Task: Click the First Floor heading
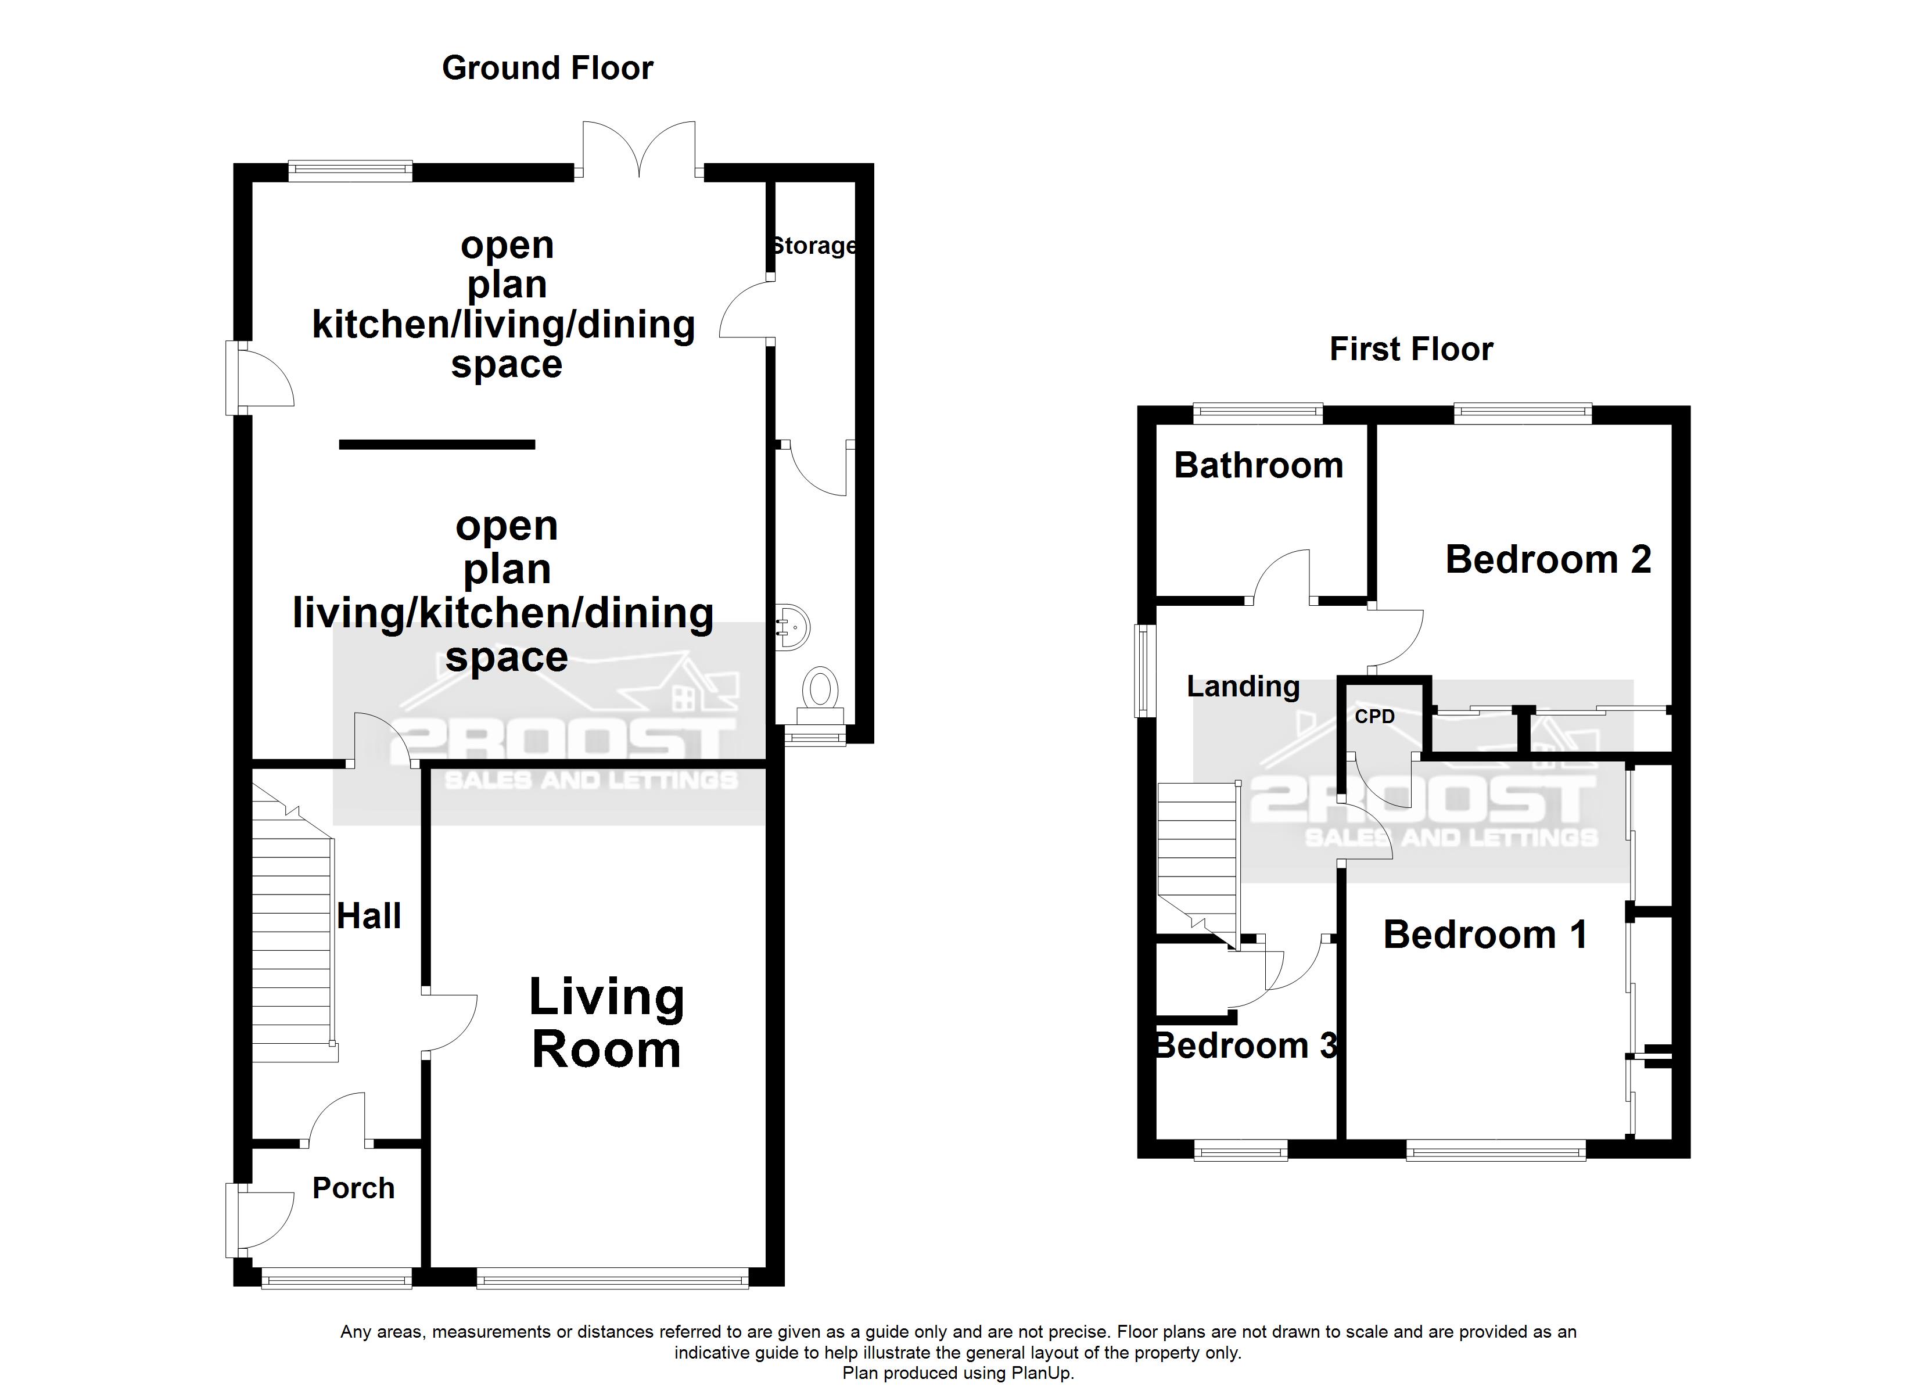tap(1410, 349)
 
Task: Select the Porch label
tap(353, 1188)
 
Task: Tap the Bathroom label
tap(1259, 466)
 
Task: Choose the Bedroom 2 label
tap(1548, 559)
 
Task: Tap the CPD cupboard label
tap(1374, 717)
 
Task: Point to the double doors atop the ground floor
tap(639, 150)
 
